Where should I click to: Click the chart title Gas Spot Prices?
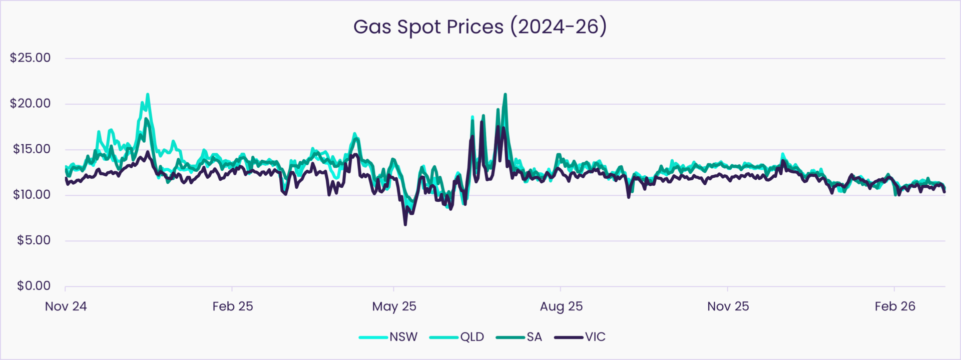[479, 27]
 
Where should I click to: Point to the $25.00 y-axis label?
[31, 58]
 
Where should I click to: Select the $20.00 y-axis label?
[31, 104]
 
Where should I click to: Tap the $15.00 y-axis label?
[31, 149]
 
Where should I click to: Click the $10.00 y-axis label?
[31, 195]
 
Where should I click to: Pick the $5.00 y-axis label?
[34, 240]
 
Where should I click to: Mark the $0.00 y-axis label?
[34, 286]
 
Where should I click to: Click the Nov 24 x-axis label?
[66, 306]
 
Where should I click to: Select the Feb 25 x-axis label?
[233, 306]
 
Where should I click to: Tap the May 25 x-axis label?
[394, 306]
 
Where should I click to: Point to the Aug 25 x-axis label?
[561, 306]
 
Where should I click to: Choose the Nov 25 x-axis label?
[728, 306]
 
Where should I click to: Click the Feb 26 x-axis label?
[895, 306]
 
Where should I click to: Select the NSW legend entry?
[388, 337]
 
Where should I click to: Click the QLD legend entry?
[457, 337]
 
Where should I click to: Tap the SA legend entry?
[519, 337]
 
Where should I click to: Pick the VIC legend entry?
[580, 337]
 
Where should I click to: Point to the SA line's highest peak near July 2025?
[506, 94]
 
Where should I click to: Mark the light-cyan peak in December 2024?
[147, 94]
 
